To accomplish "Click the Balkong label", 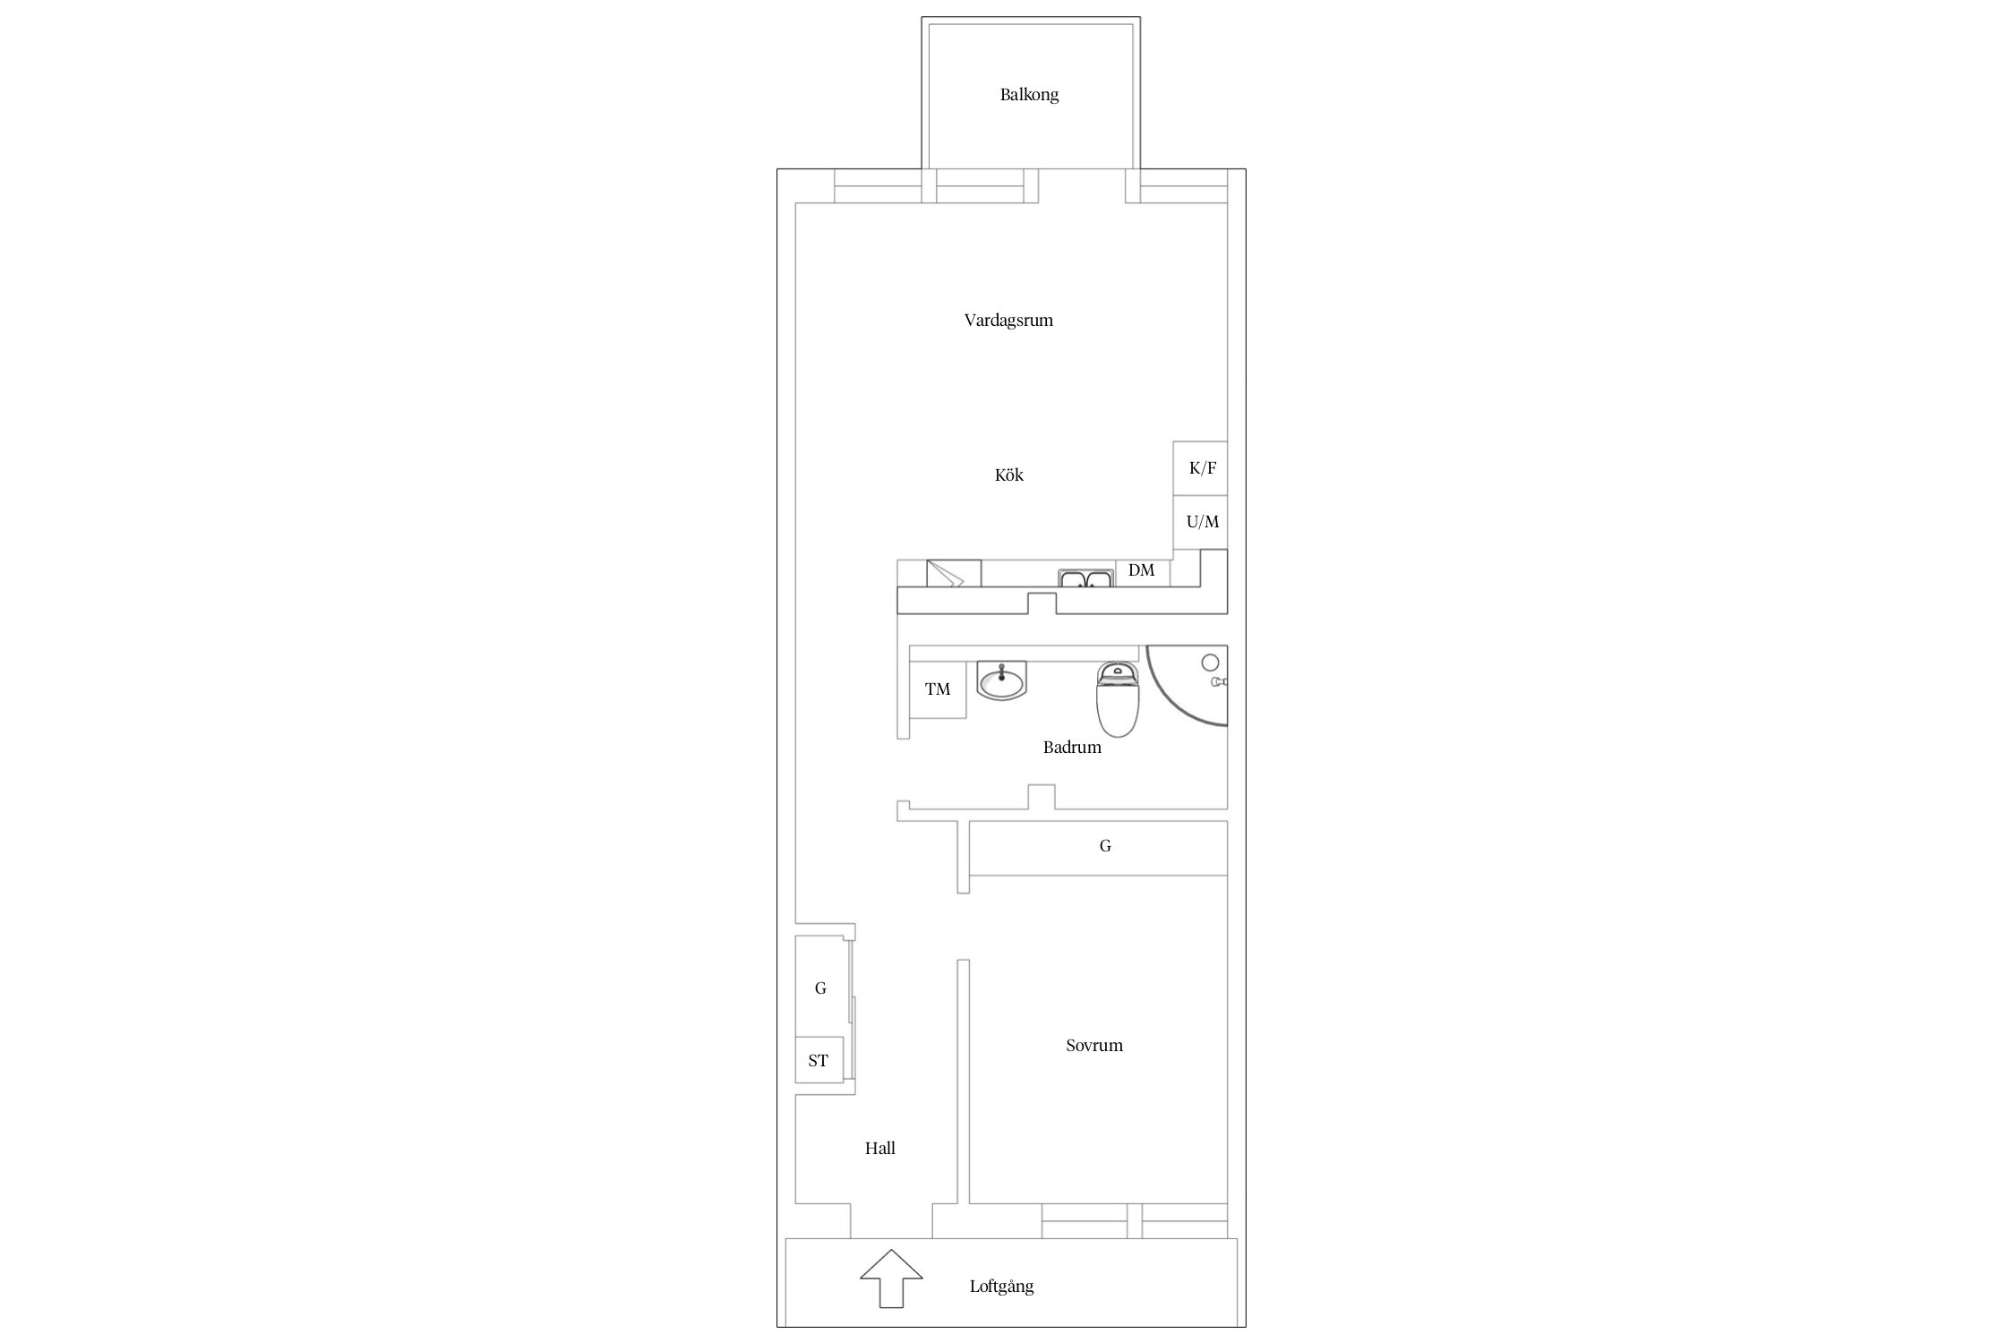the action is (x=1029, y=95).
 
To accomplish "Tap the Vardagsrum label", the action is (x=1008, y=321).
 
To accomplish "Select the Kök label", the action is (x=1009, y=475).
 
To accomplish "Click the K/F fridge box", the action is (x=1200, y=468).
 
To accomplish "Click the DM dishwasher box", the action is (x=1142, y=573).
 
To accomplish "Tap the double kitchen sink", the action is (x=1085, y=579).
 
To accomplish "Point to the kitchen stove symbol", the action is (x=954, y=573).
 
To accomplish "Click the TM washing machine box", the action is (x=938, y=689).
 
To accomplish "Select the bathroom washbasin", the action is (x=1001, y=681).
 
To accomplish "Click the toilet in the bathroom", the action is (x=1118, y=699).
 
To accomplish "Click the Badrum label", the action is (x=1072, y=748).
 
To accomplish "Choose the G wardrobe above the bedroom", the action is (x=1098, y=848).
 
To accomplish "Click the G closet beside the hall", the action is (x=820, y=988).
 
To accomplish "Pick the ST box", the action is (x=819, y=1061).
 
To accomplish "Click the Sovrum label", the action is (x=1094, y=1046).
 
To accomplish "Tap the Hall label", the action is (x=880, y=1149).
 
